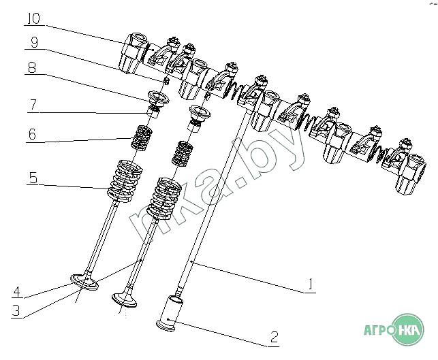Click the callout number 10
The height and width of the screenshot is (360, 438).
point(33,18)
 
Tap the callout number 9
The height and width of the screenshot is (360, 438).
point(34,42)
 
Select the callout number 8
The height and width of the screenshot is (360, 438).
point(32,67)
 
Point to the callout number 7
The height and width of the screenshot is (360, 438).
point(33,105)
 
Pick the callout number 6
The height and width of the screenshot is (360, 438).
point(32,134)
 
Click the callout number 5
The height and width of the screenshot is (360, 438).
point(33,178)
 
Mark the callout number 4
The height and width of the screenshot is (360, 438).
point(17,292)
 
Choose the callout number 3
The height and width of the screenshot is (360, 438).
point(16,310)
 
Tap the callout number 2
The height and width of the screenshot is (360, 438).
point(275,337)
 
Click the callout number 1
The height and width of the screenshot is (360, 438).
point(310,284)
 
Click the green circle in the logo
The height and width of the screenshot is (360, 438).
point(408,329)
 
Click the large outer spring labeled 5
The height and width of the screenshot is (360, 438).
point(125,180)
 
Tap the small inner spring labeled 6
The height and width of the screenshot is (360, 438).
point(142,137)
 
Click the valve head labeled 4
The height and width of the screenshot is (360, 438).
point(84,281)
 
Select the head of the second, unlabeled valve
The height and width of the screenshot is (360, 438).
point(124,299)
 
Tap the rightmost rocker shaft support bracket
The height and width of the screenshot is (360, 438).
point(410,174)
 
